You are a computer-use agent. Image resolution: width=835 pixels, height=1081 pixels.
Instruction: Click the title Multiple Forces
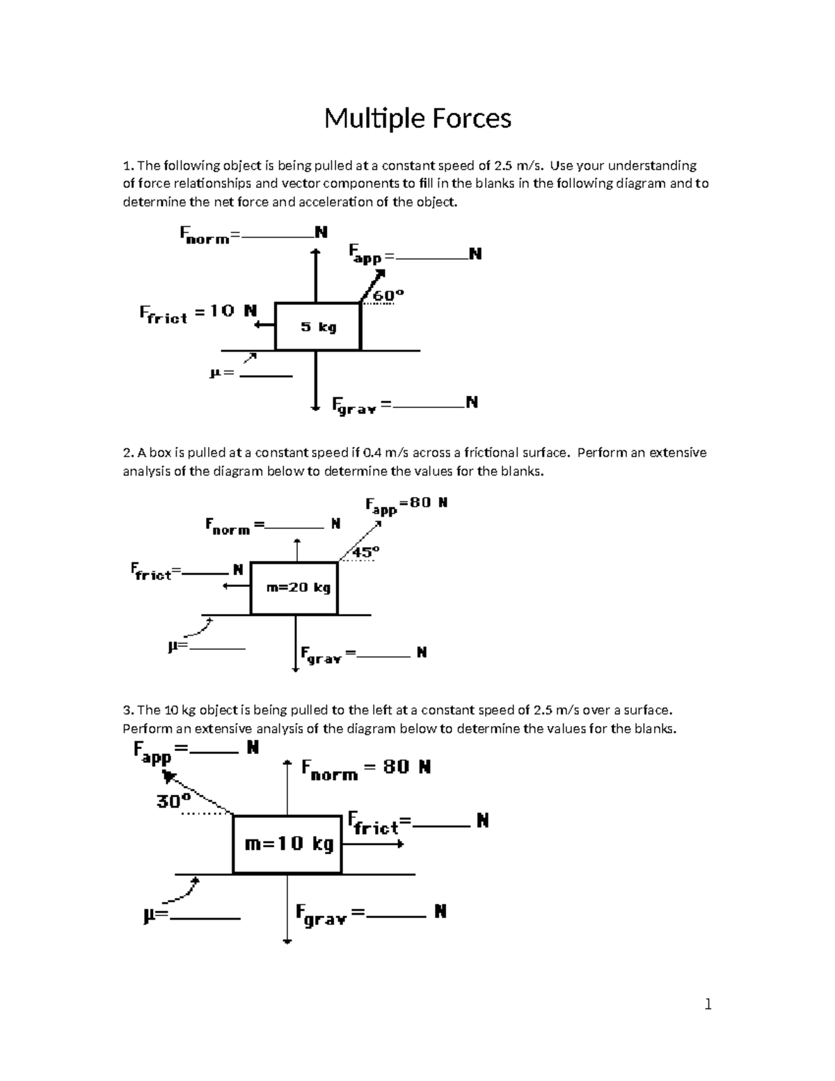tap(417, 118)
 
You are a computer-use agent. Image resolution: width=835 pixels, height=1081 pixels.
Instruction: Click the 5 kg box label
tap(318, 326)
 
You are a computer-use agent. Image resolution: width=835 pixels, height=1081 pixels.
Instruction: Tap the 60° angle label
tap(388, 295)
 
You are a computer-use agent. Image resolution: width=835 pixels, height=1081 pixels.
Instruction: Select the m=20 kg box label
tap(299, 587)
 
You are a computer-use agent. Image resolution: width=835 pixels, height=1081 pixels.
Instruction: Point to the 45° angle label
tap(365, 552)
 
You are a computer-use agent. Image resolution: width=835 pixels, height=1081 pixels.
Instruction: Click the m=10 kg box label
tap(289, 844)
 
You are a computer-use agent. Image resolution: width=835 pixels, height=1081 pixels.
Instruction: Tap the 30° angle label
tap(173, 801)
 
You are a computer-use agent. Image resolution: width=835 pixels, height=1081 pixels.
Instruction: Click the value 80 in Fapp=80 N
tap(420, 502)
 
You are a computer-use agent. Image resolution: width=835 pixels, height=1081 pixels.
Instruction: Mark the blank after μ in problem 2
tap(217, 647)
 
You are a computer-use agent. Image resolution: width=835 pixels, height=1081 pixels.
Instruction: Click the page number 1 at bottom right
tap(708, 1004)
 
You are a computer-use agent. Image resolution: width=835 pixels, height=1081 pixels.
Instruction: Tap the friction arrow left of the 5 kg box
tap(264, 324)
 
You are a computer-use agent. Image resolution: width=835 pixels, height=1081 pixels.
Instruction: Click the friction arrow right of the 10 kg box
tap(373, 844)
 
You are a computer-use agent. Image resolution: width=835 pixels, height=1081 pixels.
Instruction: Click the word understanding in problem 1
tap(652, 166)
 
